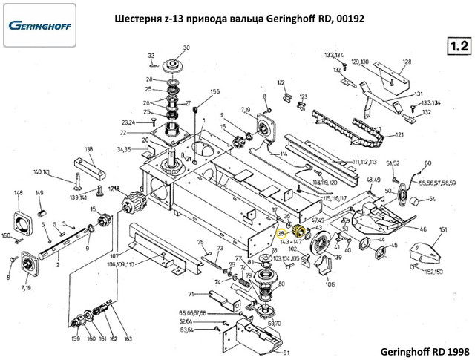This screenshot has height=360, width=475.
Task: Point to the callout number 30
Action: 187,48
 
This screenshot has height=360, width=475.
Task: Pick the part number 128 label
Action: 407,62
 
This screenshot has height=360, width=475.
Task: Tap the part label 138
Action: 90,150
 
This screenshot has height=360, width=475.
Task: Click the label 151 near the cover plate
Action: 442,232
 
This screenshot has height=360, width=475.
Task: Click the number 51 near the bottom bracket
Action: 286,351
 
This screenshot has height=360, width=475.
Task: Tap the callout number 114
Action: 283,154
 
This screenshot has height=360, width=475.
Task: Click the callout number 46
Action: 423,230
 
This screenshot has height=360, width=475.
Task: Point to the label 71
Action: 191,294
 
